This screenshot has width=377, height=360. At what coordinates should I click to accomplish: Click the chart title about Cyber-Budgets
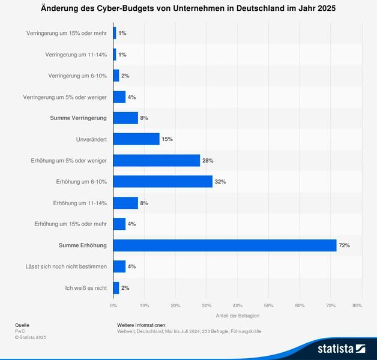188,9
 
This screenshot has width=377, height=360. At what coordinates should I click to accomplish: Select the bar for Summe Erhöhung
225,245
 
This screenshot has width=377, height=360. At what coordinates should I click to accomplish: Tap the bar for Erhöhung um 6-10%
163,181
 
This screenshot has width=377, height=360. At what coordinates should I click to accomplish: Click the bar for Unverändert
136,139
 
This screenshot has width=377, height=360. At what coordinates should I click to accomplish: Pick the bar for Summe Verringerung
125,118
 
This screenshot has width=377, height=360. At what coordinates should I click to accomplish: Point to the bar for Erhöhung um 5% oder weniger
157,160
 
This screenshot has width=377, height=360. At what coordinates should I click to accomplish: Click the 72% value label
344,245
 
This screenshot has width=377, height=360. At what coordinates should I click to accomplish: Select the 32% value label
220,182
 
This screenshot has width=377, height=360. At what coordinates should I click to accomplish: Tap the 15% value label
167,139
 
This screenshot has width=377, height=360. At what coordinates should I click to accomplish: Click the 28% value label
208,161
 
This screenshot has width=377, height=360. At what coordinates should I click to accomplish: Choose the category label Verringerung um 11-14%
76,55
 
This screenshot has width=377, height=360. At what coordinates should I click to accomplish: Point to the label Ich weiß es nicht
86,288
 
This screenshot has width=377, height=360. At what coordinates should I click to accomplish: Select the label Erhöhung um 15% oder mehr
71,224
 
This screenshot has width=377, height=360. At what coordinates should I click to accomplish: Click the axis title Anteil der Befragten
237,316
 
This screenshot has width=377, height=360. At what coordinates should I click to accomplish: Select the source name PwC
20,331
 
